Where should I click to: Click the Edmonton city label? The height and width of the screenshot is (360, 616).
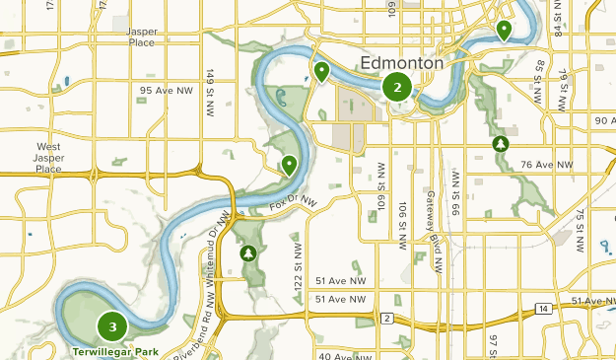402,63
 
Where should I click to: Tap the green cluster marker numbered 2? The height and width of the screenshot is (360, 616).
397,87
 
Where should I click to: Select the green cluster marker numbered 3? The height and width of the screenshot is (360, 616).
113,325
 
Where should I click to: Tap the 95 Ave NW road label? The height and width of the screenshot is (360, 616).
167,91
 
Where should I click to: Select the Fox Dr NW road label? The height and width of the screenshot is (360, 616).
295,204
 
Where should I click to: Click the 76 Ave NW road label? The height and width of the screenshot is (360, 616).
547,164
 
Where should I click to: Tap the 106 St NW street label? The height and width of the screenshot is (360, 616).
402,226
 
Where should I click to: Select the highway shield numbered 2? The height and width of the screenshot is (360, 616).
387,318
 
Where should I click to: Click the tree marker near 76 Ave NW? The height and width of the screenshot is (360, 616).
501,145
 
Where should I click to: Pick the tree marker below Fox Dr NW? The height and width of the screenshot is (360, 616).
248,253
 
